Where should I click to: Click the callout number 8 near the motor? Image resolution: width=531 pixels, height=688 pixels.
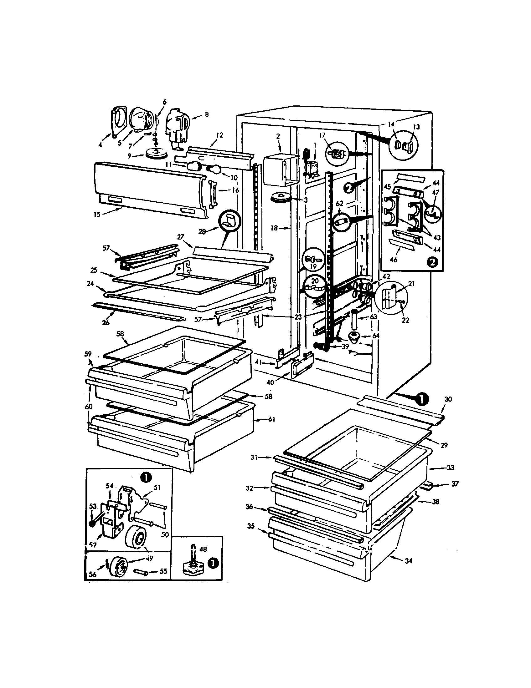(207, 115)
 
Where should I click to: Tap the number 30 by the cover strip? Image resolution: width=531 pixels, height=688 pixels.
(448, 399)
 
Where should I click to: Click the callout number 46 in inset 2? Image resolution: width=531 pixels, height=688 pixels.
(394, 260)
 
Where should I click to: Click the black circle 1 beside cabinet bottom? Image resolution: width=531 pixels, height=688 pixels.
(422, 399)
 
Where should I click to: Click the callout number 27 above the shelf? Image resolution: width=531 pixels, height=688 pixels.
(180, 237)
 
